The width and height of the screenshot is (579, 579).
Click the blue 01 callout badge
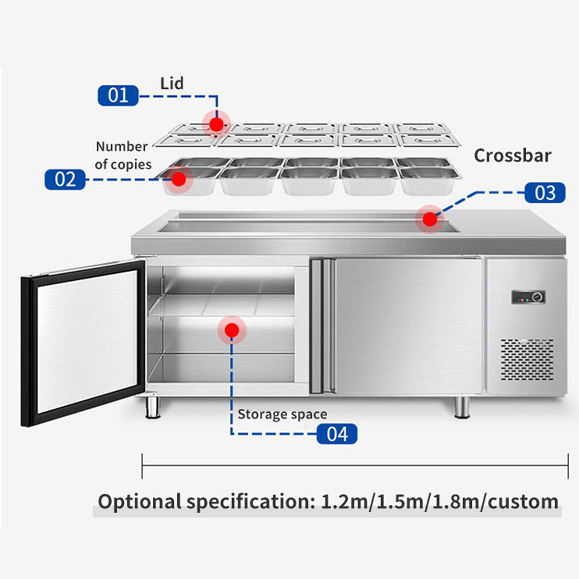pyautogui.click(x=118, y=95)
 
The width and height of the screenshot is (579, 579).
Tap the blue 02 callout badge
pyautogui.click(x=65, y=179)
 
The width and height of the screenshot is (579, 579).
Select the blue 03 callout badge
pyautogui.click(x=545, y=193)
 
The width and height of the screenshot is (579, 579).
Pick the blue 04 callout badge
pyautogui.click(x=336, y=434)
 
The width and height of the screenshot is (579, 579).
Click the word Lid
pyautogui.click(x=172, y=83)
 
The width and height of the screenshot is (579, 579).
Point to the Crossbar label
pyautogui.click(x=512, y=156)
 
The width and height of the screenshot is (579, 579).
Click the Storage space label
pyautogui.click(x=282, y=415)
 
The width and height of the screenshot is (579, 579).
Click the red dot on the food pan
pyautogui.click(x=179, y=179)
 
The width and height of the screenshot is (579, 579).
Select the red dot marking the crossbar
pyautogui.click(x=429, y=219)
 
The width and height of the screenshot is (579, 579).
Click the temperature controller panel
pyautogui.click(x=528, y=298)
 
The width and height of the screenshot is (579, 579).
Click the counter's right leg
pyautogui.click(x=461, y=406)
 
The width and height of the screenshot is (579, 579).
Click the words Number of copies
pyautogui.click(x=123, y=155)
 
